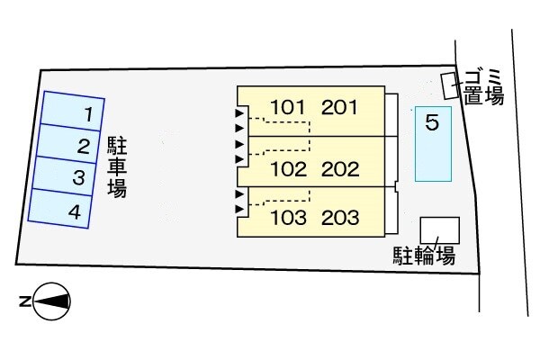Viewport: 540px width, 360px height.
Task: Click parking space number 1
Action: [x=73, y=111]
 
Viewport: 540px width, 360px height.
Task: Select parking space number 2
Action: [x=67, y=143]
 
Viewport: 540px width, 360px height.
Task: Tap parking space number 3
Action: [x=64, y=175]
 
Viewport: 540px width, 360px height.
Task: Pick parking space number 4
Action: [x=59, y=208]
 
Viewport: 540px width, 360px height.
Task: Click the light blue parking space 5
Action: [x=433, y=144]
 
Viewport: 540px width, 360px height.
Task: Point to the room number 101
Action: [x=288, y=107]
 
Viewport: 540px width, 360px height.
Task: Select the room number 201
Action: [x=339, y=107]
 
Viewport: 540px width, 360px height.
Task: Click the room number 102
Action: [x=289, y=169]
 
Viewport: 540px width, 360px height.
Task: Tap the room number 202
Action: [x=340, y=169]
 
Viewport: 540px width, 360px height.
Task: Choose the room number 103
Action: [x=289, y=218]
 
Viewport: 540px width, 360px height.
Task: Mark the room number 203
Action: [x=340, y=218]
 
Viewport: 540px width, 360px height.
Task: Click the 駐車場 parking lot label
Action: [x=117, y=167]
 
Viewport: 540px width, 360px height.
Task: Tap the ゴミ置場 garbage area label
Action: [x=483, y=87]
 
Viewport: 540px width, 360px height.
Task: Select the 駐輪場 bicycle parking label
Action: [x=424, y=256]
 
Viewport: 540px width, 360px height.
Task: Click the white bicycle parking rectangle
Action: [x=440, y=230]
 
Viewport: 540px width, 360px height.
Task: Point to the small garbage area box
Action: [x=450, y=85]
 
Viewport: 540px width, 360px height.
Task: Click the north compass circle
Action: [x=51, y=301]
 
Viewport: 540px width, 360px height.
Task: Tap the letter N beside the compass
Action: [x=25, y=301]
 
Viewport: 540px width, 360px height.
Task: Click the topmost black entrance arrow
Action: [x=239, y=113]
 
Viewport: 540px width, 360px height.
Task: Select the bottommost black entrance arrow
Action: [x=239, y=209]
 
